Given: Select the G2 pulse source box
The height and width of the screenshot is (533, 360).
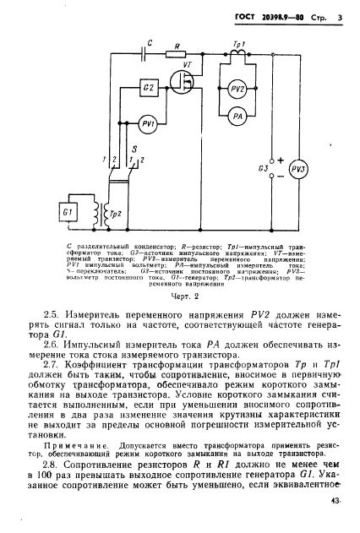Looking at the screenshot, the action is (149, 88).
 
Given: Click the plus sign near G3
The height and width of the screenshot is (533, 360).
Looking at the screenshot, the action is (281, 159).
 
